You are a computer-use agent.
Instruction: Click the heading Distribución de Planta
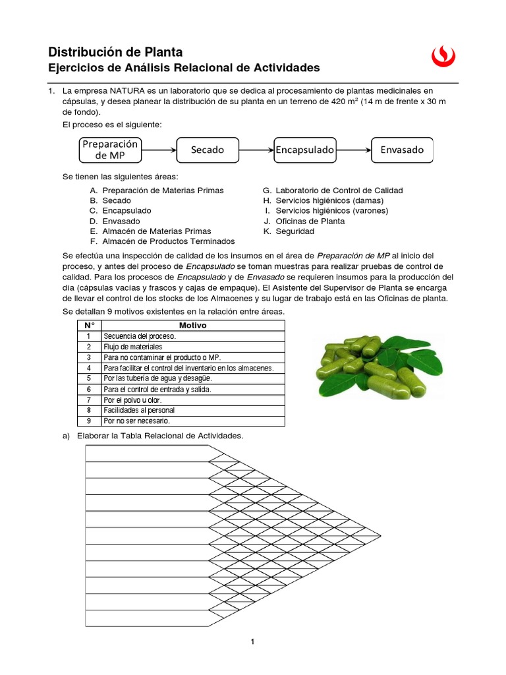116,52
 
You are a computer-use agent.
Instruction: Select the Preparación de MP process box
110,150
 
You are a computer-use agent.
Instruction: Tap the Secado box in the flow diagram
208,150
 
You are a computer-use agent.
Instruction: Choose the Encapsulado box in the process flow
305,150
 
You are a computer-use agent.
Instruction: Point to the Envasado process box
402,150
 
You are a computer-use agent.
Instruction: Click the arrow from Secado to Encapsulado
256,150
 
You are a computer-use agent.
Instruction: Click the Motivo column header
192,326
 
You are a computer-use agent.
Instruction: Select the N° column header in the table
89,326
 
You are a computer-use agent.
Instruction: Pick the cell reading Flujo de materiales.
132,347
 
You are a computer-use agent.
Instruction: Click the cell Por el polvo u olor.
132,399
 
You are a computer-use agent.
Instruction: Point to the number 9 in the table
88,421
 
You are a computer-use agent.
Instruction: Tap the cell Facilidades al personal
136,410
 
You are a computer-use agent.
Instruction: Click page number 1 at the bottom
252,642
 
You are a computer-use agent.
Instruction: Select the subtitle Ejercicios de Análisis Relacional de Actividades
184,68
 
